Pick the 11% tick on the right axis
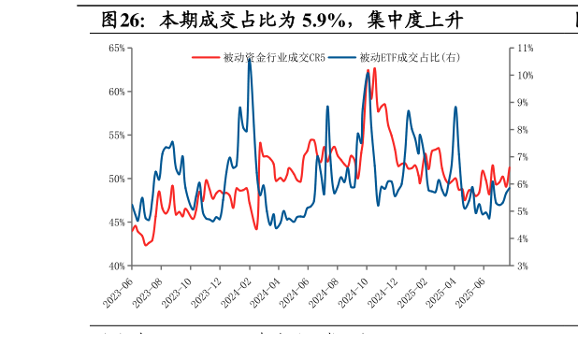pyautogui.click(x=525, y=48)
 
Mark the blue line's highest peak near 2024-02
pyautogui.click(x=249, y=58)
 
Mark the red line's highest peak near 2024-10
pyautogui.click(x=375, y=67)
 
